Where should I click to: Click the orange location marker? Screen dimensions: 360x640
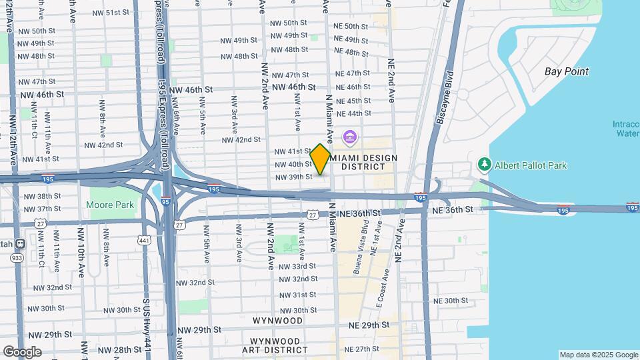pyautogui.click(x=320, y=159)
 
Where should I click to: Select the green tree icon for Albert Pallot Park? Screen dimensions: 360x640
pyautogui.click(x=485, y=164)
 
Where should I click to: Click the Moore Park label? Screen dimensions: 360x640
pyautogui.click(x=111, y=204)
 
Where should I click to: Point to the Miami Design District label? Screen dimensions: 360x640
pyautogui.click(x=364, y=161)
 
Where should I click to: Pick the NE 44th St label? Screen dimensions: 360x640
pyautogui.click(x=353, y=113)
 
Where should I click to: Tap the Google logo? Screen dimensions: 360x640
pyautogui.click(x=22, y=351)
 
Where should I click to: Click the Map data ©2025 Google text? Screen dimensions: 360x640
pyautogui.click(x=597, y=355)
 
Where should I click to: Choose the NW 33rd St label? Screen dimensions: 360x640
pyautogui.click(x=297, y=266)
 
